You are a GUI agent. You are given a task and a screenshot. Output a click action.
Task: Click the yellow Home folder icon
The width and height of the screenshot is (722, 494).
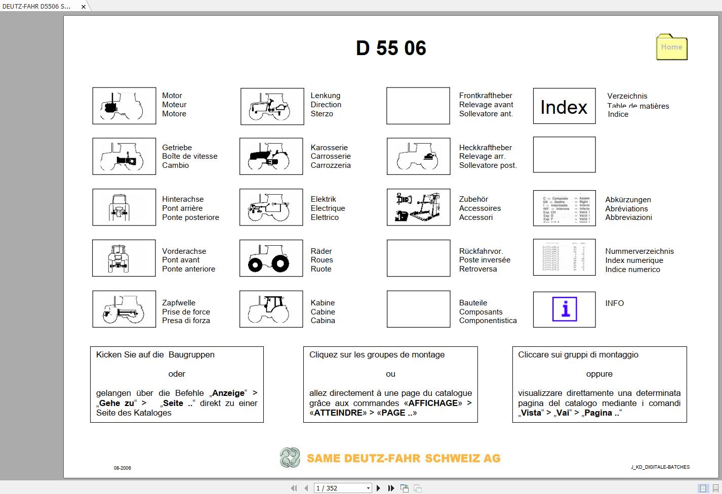671,47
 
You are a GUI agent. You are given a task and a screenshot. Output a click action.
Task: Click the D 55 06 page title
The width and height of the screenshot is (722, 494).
391,49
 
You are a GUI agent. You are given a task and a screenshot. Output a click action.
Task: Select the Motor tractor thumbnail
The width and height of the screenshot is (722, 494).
124,106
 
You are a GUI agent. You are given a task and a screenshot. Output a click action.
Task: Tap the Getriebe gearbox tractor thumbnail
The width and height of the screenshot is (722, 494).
124,156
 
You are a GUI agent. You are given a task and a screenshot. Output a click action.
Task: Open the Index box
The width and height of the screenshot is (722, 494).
564,106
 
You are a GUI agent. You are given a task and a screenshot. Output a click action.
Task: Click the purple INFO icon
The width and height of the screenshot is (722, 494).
565,309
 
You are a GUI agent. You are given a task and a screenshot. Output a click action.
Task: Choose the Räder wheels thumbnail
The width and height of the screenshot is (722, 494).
271,258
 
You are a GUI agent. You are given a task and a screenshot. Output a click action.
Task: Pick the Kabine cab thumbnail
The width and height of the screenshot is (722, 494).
271,309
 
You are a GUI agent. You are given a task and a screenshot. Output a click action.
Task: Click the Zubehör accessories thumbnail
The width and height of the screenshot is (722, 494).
418,207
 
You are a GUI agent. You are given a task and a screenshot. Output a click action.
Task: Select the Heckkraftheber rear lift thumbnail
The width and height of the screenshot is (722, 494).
418,156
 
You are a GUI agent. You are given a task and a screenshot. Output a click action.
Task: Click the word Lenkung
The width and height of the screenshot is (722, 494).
325,96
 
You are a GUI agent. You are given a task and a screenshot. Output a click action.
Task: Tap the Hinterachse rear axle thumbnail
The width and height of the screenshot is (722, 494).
124,207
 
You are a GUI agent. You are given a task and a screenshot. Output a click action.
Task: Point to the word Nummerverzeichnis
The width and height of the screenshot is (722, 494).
639,251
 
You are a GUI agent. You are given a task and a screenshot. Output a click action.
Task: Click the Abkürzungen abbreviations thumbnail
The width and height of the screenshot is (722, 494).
564,208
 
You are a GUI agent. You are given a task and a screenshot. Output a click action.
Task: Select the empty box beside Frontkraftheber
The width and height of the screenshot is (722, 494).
418,106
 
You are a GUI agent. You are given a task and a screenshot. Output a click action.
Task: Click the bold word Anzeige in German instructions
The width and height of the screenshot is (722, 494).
228,393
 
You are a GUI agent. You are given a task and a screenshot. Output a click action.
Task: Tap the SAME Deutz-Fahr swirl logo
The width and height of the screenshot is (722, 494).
290,458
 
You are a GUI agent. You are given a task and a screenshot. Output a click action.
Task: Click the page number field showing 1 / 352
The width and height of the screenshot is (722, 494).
343,488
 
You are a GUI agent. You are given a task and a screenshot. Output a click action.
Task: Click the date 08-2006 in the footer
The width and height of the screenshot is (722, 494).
122,468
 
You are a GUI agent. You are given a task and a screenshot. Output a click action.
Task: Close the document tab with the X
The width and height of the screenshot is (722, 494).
84,7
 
